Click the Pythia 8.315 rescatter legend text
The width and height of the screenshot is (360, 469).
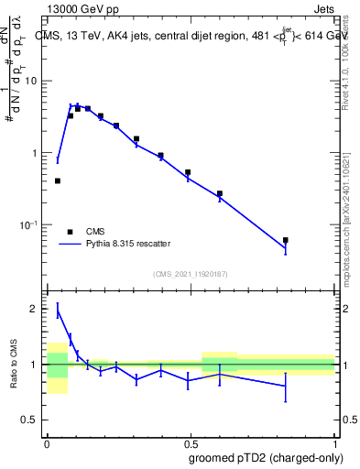(128, 244)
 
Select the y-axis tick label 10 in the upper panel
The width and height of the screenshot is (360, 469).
(31, 81)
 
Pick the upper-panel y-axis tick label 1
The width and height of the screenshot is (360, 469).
(35, 153)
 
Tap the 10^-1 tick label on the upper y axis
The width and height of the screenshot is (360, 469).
(29, 224)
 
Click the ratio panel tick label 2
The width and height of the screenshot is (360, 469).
(34, 309)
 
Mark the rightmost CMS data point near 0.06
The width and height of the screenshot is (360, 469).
(286, 240)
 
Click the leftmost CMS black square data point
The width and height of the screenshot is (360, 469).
(58, 180)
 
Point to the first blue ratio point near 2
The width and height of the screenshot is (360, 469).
(58, 311)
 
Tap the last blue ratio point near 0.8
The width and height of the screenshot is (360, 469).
(286, 387)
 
